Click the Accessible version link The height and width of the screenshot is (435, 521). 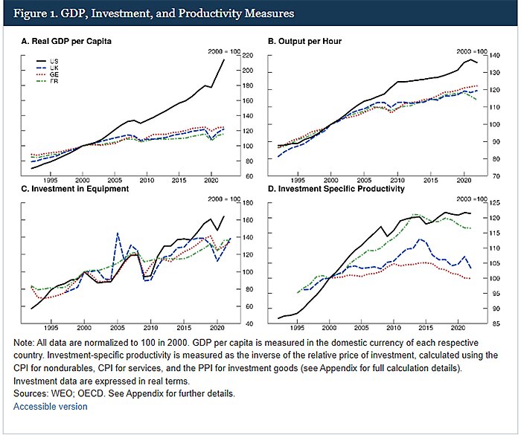50,407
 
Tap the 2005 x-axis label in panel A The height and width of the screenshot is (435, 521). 115,181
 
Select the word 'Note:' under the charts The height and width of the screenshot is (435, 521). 26,342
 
